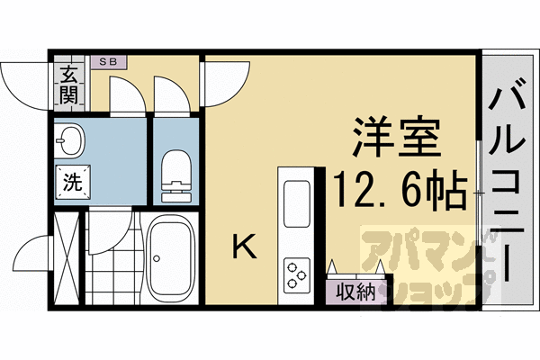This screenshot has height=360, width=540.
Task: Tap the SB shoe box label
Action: coord(113,62)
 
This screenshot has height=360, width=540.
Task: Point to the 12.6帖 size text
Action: coord(400,189)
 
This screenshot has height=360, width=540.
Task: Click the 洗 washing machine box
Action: coord(70,180)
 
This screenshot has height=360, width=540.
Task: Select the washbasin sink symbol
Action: coord(68,140)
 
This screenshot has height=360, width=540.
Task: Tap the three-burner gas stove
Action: coord(296,273)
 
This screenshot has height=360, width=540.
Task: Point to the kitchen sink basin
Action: coord(296,204)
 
